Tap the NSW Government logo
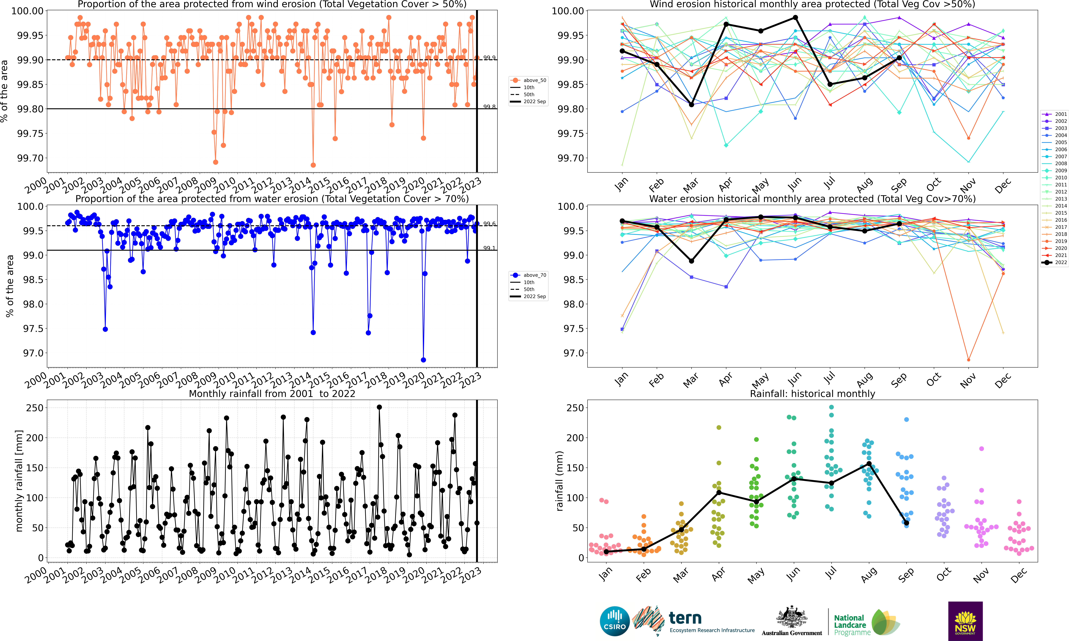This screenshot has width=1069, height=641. point(965,621)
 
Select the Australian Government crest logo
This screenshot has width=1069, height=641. point(791,621)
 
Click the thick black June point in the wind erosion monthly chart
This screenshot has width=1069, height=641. point(795,18)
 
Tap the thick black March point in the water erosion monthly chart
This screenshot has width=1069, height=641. point(692,261)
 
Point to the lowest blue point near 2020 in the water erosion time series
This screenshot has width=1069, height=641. point(423,360)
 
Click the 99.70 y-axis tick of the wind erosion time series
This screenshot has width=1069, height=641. point(30,158)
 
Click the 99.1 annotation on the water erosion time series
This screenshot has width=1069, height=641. point(489,248)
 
